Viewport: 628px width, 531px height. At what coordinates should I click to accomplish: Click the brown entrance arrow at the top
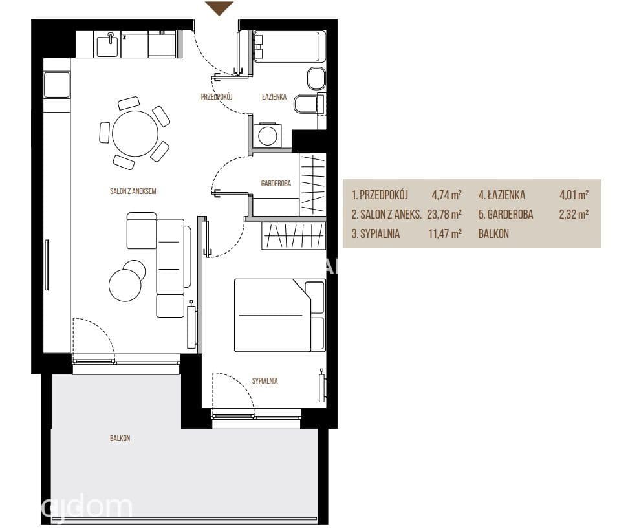tap(219, 8)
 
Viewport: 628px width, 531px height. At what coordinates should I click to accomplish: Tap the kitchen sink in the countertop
tap(108, 44)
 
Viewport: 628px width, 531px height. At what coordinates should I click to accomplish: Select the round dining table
tap(135, 134)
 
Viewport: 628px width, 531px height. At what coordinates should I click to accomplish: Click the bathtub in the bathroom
tap(287, 47)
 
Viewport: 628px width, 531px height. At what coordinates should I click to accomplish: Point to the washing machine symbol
tap(268, 135)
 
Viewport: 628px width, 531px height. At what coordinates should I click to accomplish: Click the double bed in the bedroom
tap(279, 316)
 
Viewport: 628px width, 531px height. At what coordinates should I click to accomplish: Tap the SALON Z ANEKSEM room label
tap(133, 191)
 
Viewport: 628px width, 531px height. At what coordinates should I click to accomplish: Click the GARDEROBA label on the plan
tap(276, 184)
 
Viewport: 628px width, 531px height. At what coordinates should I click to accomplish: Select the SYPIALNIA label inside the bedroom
tap(265, 381)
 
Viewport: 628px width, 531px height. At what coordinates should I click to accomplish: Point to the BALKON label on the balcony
tap(120, 439)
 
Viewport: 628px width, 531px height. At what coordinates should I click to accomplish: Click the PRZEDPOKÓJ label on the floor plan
tap(217, 96)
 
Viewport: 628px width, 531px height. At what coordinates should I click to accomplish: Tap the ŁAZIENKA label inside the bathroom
tap(274, 96)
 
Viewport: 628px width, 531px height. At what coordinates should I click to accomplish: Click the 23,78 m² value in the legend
tap(444, 214)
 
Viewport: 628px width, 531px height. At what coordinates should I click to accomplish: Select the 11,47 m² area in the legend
tap(445, 233)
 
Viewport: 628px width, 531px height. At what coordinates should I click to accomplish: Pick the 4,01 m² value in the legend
tap(574, 195)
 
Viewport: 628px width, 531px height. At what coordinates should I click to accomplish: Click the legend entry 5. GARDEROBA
tap(506, 214)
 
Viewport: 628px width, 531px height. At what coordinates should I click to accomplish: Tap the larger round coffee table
tap(125, 285)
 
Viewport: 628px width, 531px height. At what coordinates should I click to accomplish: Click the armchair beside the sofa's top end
tap(142, 231)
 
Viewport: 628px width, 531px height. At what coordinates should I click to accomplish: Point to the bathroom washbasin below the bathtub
tap(316, 78)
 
